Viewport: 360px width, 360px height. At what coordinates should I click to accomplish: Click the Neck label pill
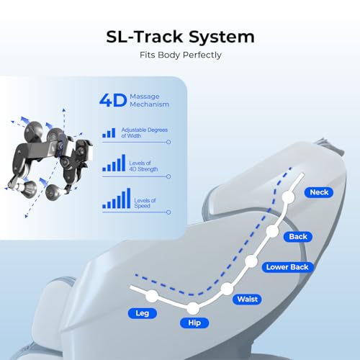319,192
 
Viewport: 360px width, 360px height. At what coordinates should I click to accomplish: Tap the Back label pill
298,237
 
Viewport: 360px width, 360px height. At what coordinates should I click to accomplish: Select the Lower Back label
287,267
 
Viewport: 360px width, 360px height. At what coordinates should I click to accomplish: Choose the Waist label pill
247,300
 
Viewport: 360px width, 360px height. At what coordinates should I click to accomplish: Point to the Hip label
194,323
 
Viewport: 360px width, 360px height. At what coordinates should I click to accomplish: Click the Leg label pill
143,313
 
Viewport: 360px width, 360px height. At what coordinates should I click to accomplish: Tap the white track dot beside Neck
288,197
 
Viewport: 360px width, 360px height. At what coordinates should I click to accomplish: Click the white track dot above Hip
193,308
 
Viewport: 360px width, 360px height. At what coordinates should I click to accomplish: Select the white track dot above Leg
152,296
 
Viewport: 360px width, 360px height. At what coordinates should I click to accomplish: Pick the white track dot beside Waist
227,289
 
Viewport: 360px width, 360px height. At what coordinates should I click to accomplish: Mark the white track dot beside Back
273,231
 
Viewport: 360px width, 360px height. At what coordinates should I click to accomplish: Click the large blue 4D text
113,100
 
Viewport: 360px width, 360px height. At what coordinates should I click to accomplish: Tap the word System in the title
221,37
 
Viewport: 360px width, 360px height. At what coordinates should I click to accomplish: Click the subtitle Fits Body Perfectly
181,55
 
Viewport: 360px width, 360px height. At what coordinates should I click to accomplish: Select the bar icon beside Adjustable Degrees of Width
109,132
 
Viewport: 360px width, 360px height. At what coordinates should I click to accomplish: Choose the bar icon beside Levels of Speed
117,198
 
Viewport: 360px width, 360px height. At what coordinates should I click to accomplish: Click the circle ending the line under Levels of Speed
168,212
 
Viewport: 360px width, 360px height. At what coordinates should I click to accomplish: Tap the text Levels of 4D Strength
143,166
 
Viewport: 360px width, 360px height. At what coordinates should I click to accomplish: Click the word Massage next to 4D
145,96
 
